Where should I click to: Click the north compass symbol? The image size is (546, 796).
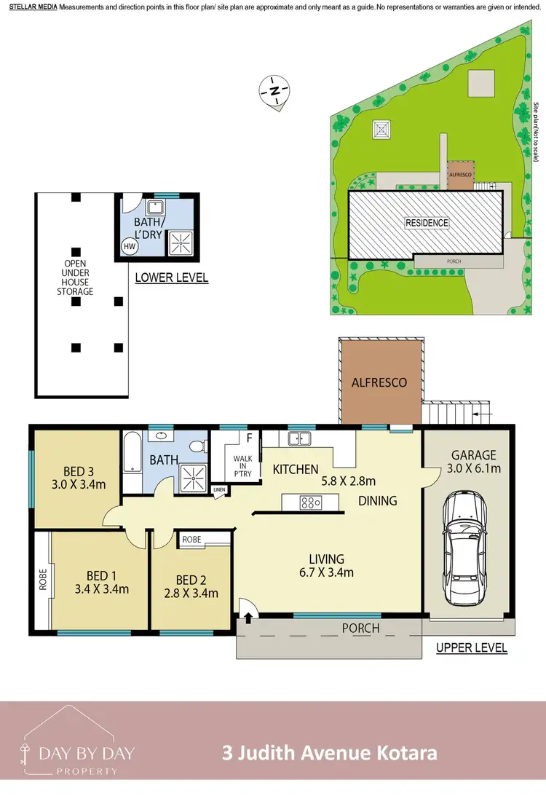274,91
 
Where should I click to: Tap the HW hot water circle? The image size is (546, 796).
130,247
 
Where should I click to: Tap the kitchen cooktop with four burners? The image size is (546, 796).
310,501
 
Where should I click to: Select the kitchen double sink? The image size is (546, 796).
299,438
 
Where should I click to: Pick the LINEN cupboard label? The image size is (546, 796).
219,490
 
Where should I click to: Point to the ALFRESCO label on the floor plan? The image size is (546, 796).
379,382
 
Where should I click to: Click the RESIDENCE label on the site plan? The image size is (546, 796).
427,223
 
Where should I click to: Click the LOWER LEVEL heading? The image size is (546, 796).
172,277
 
